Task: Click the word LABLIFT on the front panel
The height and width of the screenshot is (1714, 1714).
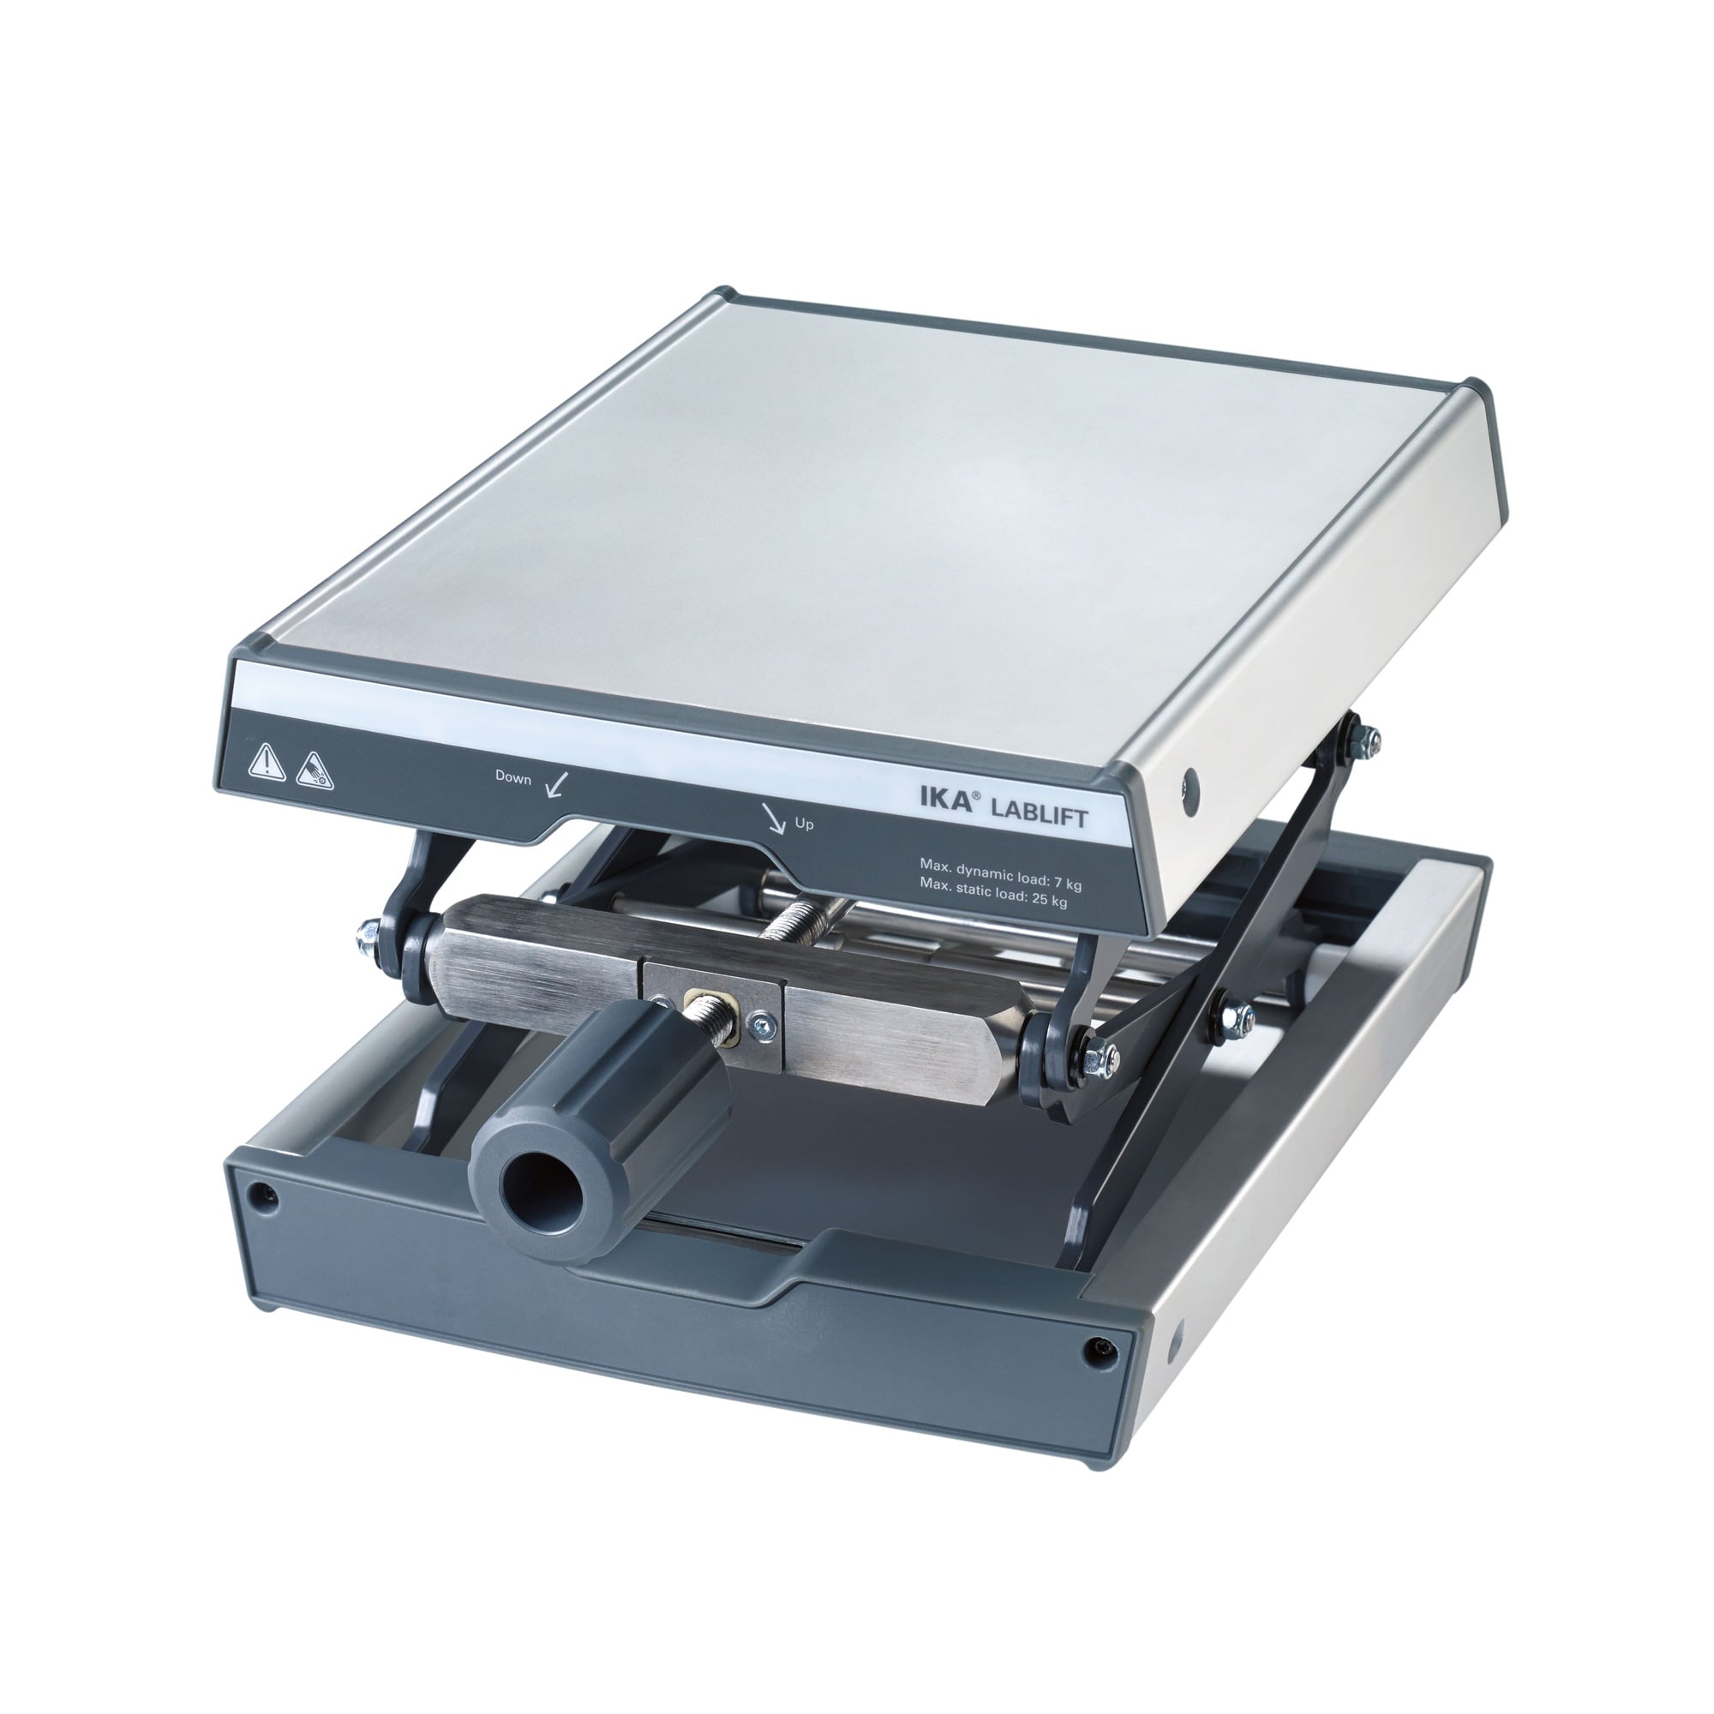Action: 1039,812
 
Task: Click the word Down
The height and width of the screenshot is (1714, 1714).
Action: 512,777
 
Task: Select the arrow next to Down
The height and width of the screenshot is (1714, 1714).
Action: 557,783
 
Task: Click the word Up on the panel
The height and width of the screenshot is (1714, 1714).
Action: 804,824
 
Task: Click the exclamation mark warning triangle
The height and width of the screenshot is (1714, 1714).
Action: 267,761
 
